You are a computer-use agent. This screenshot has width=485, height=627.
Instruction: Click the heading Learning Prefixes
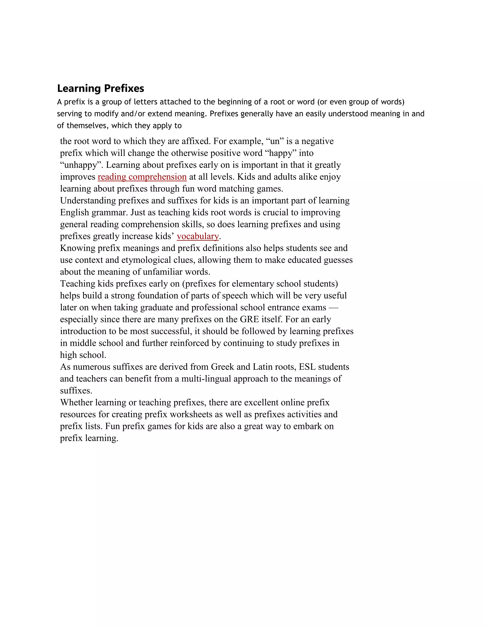coord(101,88)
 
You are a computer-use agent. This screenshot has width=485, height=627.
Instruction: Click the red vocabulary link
coord(198,236)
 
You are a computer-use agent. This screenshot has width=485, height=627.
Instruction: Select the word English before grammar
coord(74,212)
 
